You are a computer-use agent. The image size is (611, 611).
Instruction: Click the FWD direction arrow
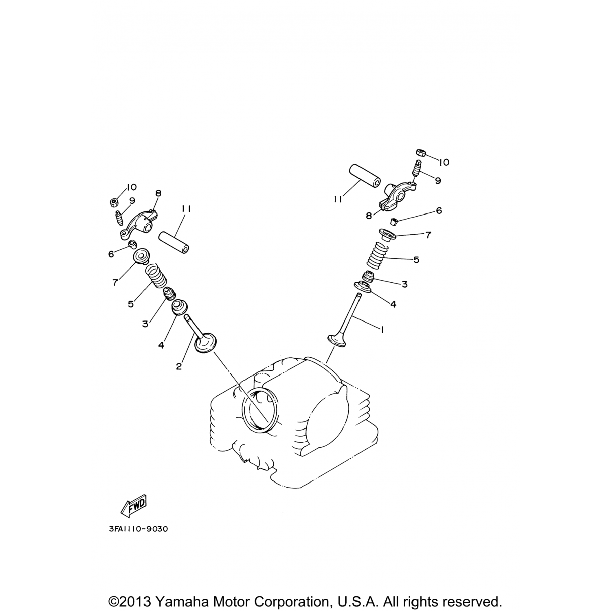134,506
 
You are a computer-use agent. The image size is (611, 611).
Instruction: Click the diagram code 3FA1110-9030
138,529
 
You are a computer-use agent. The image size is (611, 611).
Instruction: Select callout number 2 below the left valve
179,366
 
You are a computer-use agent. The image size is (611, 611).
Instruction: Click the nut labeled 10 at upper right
421,153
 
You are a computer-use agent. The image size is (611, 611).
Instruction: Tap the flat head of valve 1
337,340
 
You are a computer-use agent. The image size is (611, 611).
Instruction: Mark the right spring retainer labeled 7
387,235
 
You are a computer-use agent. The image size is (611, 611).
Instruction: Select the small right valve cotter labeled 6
393,221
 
